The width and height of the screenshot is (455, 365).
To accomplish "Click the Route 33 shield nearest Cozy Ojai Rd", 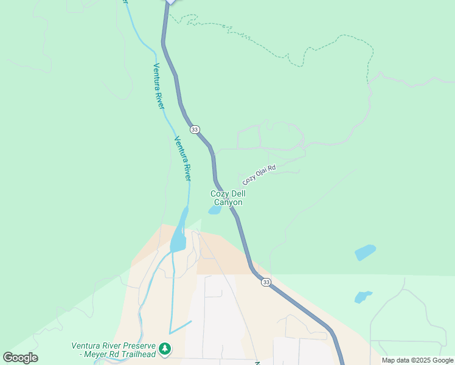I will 195,130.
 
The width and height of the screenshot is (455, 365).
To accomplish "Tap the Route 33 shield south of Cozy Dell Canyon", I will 266,282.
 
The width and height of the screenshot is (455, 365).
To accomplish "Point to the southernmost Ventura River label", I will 183,159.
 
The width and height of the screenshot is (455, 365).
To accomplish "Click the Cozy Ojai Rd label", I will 259,175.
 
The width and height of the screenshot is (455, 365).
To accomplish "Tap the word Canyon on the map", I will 229,203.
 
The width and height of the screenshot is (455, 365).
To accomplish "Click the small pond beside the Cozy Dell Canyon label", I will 214,210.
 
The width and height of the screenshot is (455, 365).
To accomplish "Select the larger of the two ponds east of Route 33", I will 365,252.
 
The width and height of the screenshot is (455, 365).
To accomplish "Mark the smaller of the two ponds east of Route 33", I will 363,297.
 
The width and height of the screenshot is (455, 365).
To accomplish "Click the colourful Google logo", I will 20,358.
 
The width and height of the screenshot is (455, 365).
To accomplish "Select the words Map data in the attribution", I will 395,360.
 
